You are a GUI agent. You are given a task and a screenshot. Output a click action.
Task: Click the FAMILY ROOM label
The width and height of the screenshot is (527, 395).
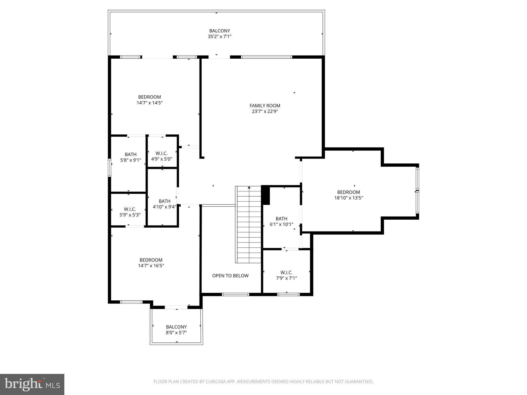click(x=265, y=106)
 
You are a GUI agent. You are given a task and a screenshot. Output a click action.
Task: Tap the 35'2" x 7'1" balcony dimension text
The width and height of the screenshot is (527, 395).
click(x=219, y=37)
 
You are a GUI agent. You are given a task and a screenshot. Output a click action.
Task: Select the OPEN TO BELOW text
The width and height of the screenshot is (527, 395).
click(x=230, y=276)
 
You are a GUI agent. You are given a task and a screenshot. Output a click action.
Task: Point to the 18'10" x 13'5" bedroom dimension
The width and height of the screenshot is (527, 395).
click(x=348, y=198)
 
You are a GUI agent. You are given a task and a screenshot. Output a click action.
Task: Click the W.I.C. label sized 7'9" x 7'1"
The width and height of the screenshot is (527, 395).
click(x=286, y=272)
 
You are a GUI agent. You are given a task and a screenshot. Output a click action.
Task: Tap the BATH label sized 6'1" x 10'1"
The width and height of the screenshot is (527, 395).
click(x=281, y=219)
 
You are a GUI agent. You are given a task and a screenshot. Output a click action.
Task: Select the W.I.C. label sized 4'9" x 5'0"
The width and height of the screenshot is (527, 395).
click(x=162, y=154)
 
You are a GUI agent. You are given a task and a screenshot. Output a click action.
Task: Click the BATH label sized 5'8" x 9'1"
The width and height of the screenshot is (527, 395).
click(x=131, y=154)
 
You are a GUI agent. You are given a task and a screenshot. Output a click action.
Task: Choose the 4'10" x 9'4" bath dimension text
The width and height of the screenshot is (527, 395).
click(x=164, y=207)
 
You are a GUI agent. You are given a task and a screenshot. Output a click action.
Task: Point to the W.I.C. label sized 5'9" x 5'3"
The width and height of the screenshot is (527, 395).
click(x=130, y=209)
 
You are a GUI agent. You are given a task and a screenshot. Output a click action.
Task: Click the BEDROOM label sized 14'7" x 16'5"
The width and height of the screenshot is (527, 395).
click(x=151, y=260)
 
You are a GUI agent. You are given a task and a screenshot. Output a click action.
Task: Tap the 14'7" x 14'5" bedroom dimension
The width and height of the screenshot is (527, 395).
click(x=150, y=103)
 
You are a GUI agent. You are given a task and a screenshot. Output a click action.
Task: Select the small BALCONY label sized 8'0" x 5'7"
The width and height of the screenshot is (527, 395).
click(x=176, y=327)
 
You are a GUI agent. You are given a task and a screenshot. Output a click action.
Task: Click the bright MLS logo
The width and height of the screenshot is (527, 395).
click(x=32, y=384)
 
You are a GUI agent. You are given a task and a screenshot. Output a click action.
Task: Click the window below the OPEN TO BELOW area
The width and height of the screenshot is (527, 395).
click(x=235, y=294)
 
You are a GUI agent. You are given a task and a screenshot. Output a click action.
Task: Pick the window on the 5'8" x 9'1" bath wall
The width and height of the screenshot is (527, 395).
click(x=110, y=168)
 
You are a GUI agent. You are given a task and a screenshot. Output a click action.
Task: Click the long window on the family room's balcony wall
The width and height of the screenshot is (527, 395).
click(x=266, y=57)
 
